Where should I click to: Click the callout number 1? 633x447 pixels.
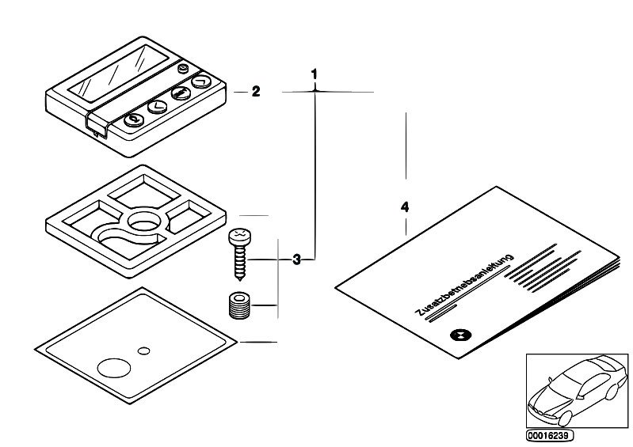(x=315, y=74)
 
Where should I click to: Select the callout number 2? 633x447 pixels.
(x=255, y=92)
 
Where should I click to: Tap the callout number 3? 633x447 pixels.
(x=296, y=259)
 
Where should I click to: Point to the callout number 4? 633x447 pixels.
(x=405, y=207)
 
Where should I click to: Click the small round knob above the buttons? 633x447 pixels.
(x=183, y=70)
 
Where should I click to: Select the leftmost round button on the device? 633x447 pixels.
(x=134, y=120)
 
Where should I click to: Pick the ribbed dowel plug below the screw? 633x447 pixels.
(x=238, y=305)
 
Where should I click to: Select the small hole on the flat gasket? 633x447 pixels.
(x=143, y=350)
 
